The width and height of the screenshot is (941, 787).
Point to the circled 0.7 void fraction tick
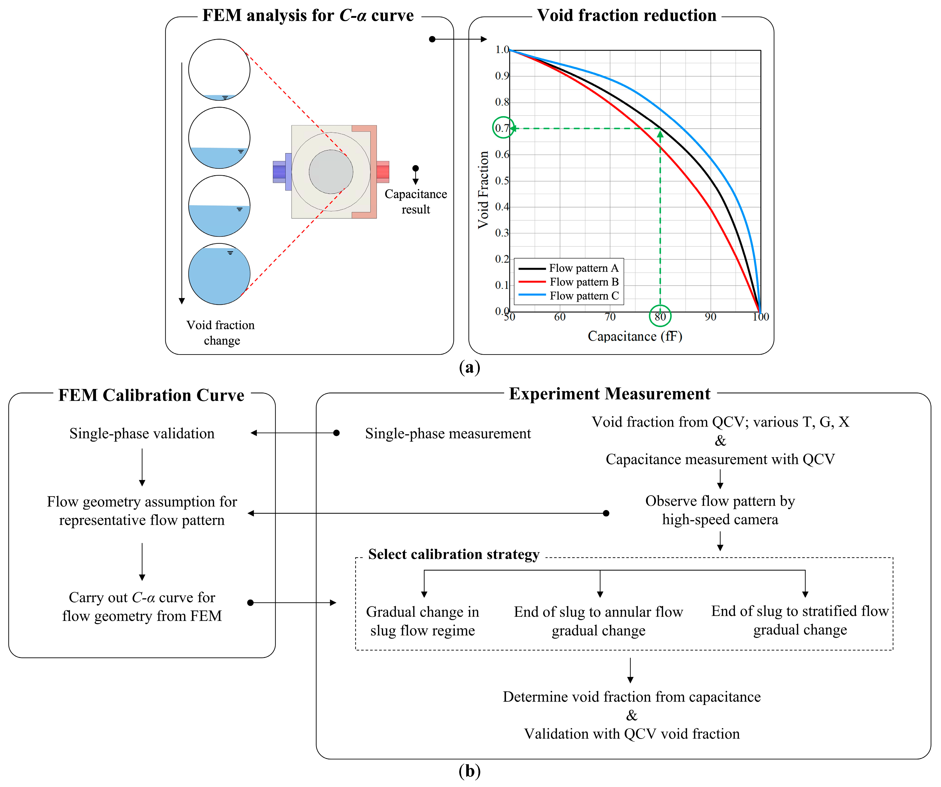click(x=503, y=128)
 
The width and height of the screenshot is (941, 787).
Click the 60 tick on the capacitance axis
click(x=560, y=317)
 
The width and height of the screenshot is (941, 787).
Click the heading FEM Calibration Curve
click(x=151, y=395)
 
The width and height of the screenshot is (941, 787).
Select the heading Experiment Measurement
click(x=609, y=394)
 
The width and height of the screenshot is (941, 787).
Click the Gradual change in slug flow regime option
click(x=422, y=621)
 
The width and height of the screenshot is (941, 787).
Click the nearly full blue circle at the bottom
click(x=219, y=274)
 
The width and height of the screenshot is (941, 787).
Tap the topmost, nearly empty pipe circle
click(x=219, y=69)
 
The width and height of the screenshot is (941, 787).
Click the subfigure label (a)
click(x=469, y=367)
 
